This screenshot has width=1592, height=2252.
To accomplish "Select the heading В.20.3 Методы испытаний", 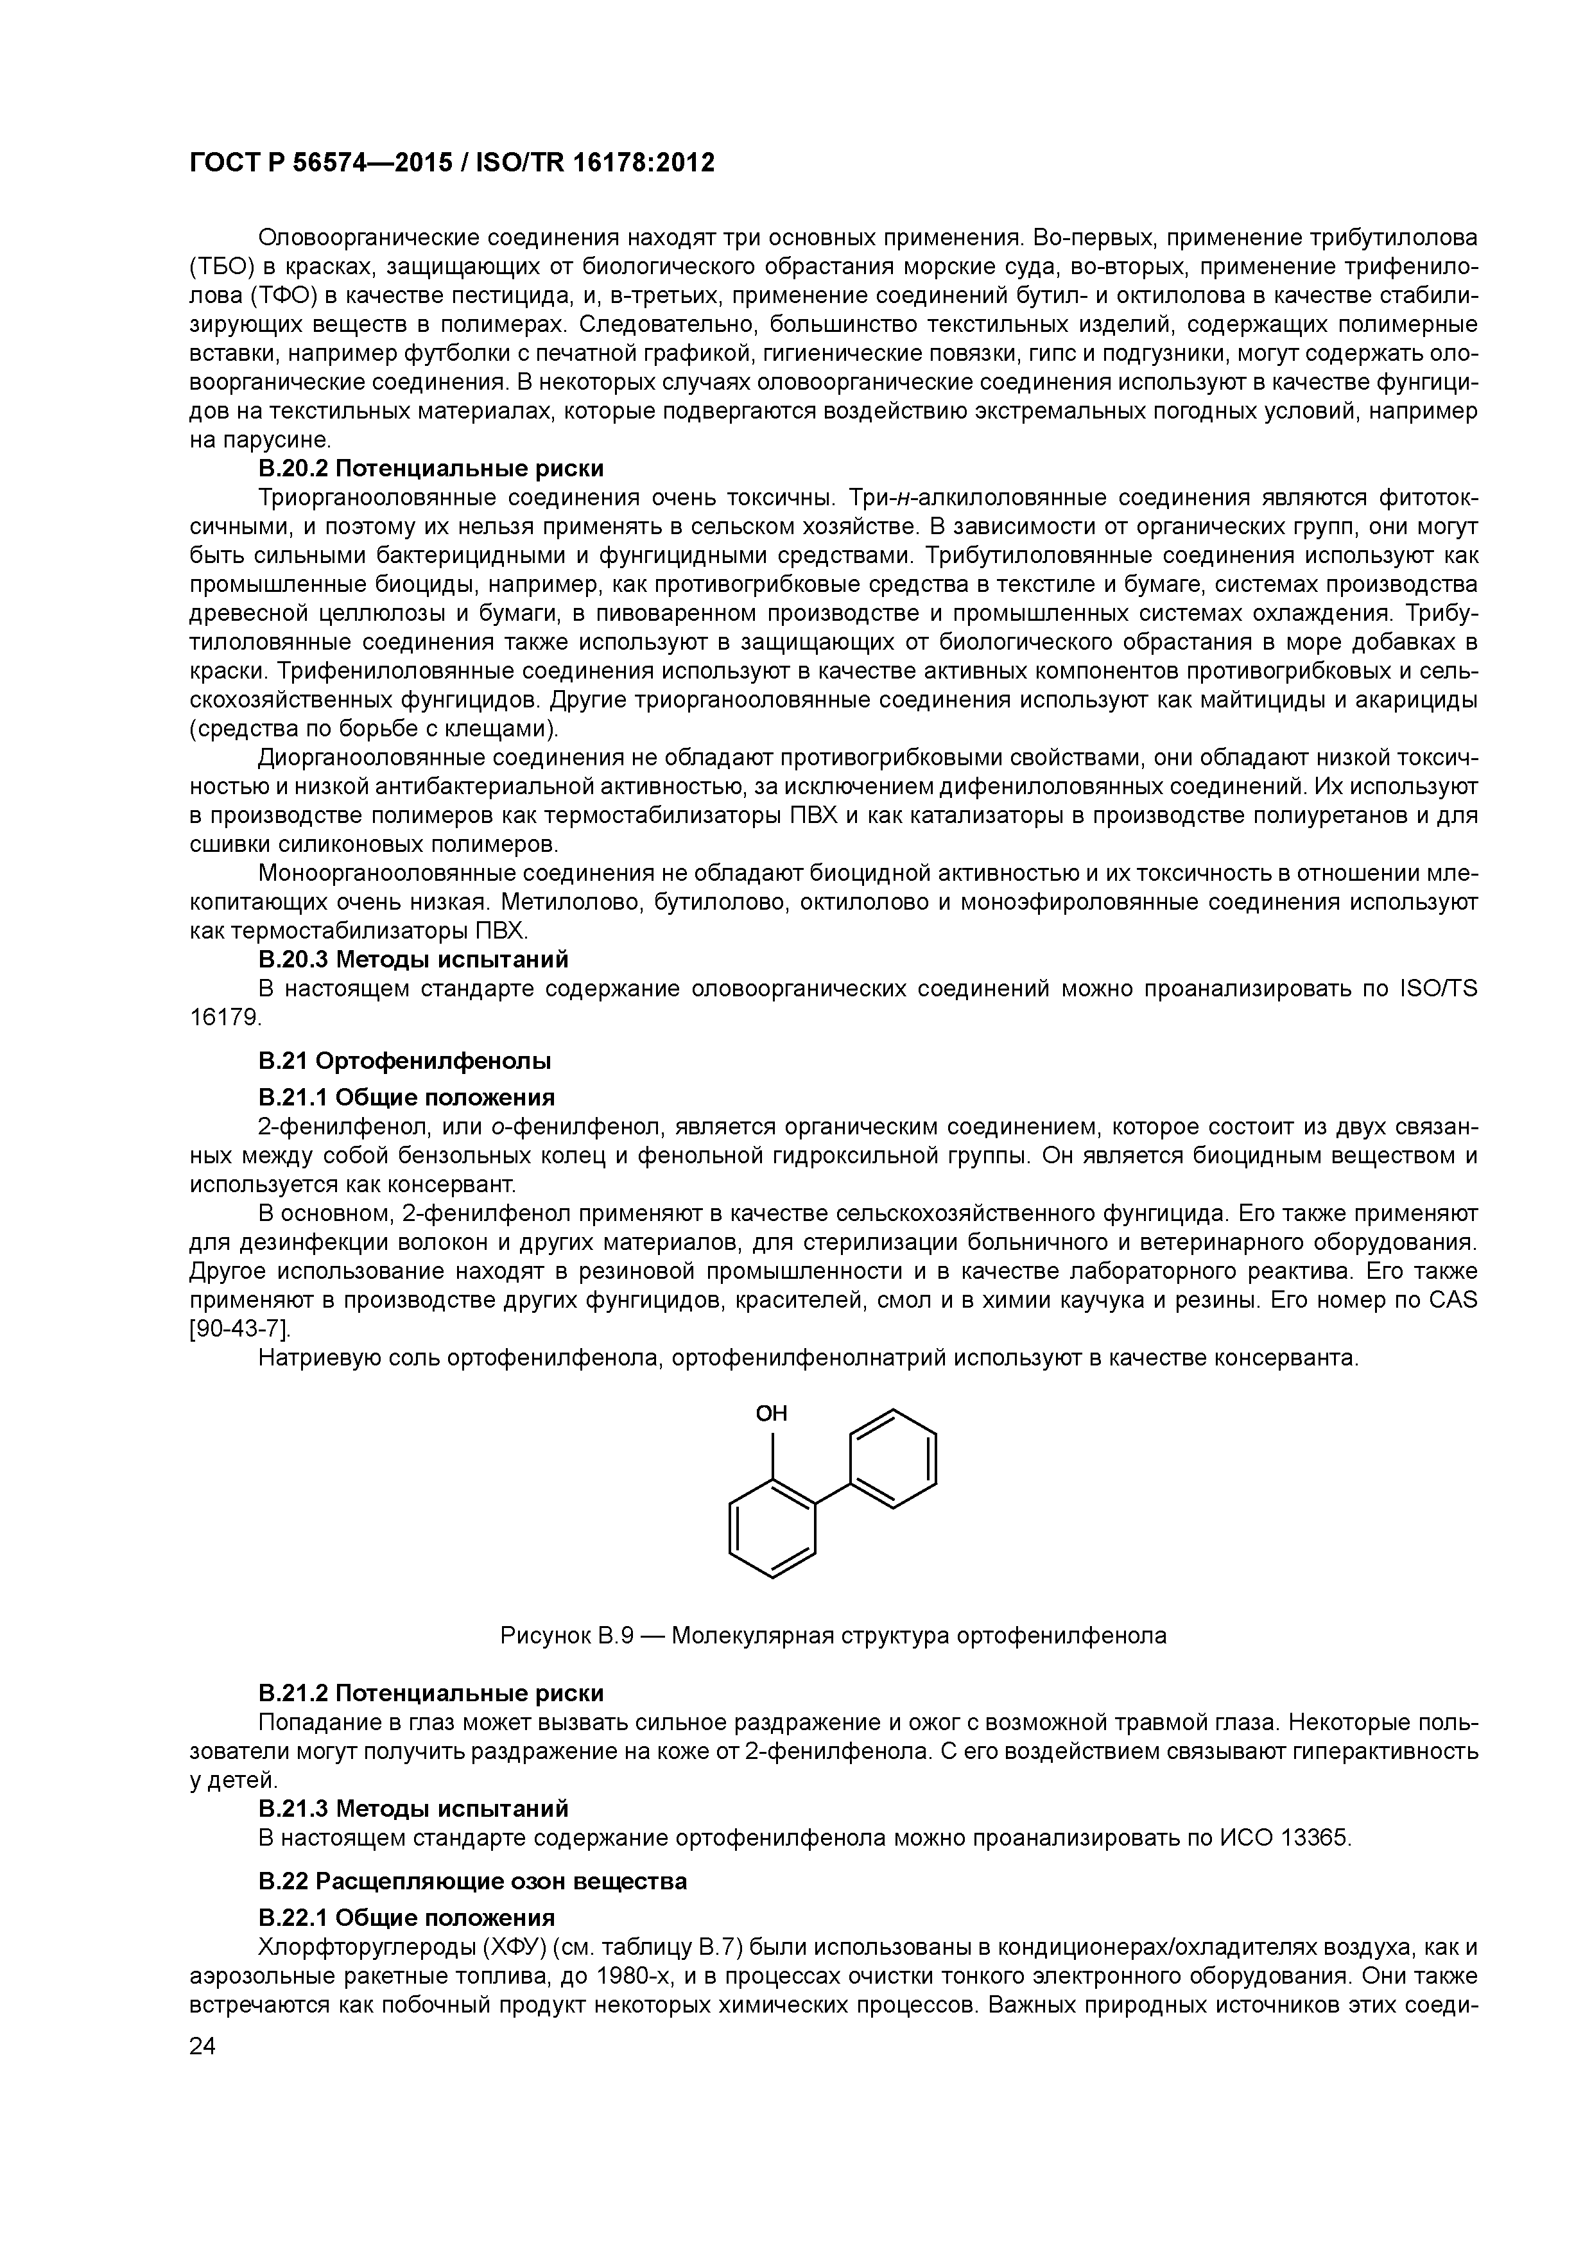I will tap(413, 958).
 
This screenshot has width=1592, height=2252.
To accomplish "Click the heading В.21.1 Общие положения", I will tap(406, 1096).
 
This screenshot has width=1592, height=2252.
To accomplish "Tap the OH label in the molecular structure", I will tap(771, 1414).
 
